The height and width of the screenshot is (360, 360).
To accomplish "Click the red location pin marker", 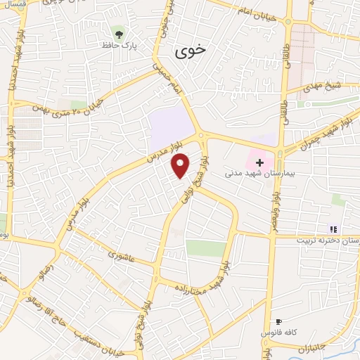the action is pyautogui.click(x=181, y=167).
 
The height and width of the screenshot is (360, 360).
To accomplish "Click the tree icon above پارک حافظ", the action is pyautogui.click(x=119, y=33).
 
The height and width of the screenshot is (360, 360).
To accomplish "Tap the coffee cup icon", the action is pyautogui.click(x=281, y=321).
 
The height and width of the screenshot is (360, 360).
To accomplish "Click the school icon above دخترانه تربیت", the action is pyautogui.click(x=334, y=229).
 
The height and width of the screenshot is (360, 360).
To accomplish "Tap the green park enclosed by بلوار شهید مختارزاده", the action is pyautogui.click(x=205, y=248).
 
